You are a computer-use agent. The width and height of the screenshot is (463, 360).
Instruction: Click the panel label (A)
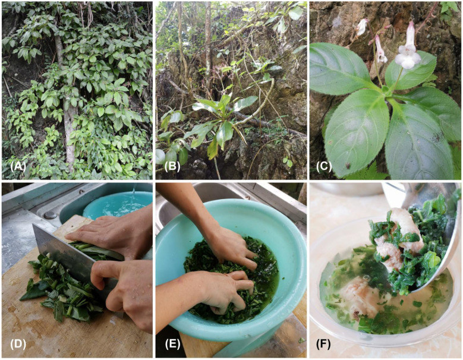click(18, 167)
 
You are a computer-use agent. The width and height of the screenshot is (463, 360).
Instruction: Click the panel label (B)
click(172, 167)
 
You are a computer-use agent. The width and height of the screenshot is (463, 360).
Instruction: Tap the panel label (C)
click(324, 167)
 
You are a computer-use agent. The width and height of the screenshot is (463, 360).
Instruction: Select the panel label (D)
click(18, 344)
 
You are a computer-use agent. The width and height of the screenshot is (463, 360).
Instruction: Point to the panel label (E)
click(172, 344)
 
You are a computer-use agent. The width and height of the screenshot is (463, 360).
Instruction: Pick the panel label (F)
click(323, 344)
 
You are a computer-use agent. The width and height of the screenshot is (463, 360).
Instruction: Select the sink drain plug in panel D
click(50, 214)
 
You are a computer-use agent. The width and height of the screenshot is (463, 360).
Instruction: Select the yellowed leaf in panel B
click(213, 147)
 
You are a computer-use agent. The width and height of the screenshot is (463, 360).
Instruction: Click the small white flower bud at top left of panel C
click(362, 27)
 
